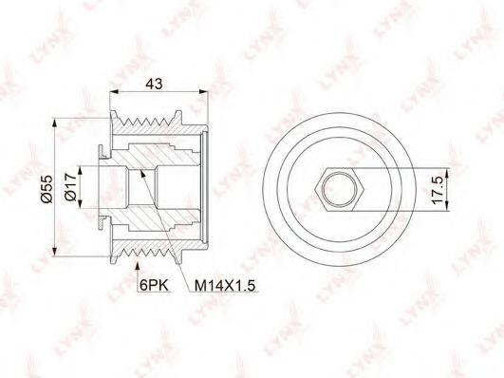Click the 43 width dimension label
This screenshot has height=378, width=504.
tap(155, 84)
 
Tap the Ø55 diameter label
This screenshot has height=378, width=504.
tap(47, 189)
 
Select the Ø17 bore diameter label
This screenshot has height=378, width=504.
tap(70, 186)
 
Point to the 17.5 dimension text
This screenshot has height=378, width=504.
tap(438, 190)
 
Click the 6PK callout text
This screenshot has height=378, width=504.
tap(154, 285)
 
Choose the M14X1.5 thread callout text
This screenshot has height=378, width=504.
tap(225, 285)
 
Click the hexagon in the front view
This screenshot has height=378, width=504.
tap(340, 190)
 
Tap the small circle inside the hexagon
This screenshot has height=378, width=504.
tap(340, 190)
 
